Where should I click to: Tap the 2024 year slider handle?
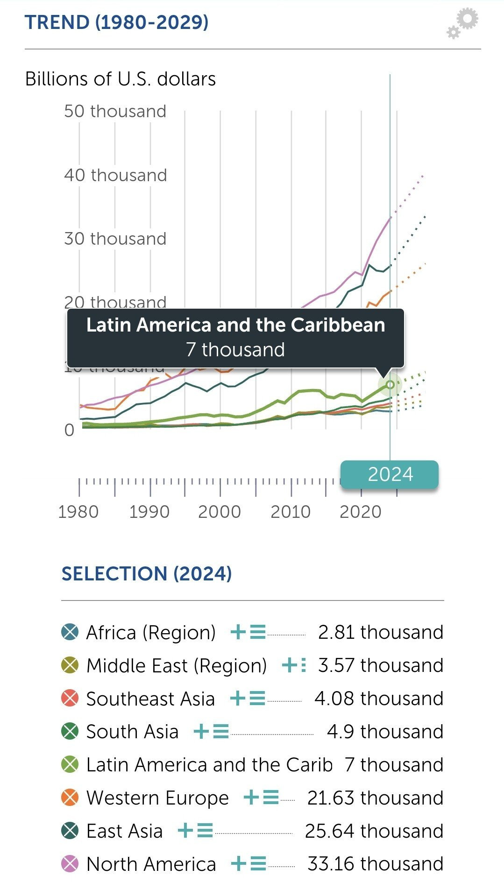390,474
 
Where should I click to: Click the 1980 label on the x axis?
78,512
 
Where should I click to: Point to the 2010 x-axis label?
290,512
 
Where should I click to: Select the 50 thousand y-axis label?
115,111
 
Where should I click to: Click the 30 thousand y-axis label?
115,239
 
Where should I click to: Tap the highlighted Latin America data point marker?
390,384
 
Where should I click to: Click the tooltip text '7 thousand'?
235,349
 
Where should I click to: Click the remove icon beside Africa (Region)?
70,632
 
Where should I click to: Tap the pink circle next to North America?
70,864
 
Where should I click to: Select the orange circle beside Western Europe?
70,798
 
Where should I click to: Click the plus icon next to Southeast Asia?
238,699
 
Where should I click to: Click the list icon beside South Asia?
221,732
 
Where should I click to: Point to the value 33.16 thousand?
375,864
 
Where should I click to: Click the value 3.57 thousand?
380,665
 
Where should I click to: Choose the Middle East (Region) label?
177,665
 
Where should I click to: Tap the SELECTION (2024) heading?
147,573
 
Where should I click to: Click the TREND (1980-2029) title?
117,22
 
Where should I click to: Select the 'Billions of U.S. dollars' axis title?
121,79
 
